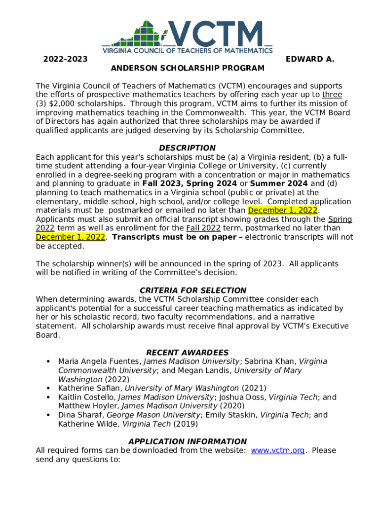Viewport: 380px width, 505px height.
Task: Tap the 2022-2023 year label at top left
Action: (x=65, y=59)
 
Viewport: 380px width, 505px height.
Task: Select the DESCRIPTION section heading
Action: (x=187, y=148)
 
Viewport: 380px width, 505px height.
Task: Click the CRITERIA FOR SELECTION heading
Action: (x=192, y=290)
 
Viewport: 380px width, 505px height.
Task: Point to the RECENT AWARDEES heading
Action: (x=187, y=353)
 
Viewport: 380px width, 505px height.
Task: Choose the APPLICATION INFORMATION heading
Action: (x=187, y=442)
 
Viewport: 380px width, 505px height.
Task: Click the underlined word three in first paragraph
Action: (x=332, y=95)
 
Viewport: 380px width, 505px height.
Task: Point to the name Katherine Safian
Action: (x=90, y=388)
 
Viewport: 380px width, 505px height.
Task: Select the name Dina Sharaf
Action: (x=80, y=415)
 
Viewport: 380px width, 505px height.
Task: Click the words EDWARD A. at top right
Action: (x=310, y=59)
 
